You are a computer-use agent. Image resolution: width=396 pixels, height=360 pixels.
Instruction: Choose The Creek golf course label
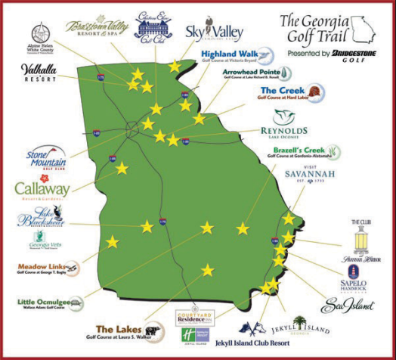(280, 95)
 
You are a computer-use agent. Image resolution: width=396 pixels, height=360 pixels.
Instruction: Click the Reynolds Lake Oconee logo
(290, 121)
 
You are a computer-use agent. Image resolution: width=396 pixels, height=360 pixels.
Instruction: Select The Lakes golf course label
(124, 331)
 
